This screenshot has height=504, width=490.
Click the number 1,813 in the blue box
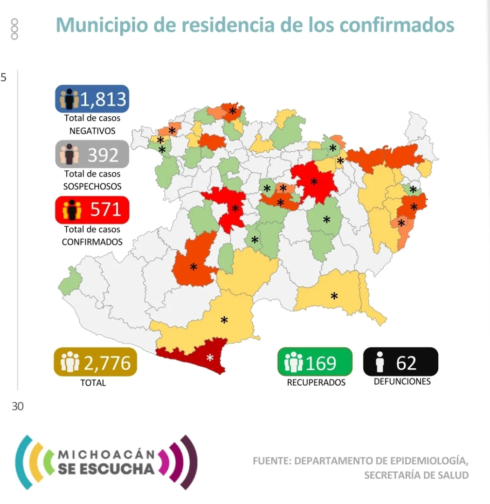click(103, 99)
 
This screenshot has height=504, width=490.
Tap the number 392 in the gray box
click(103, 154)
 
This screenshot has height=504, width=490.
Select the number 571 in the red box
click(105, 210)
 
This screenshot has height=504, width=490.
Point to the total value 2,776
click(107, 363)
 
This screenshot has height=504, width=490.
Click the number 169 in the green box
click(321, 363)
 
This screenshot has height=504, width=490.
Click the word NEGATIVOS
click(92, 131)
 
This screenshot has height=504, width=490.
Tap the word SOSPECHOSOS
click(92, 186)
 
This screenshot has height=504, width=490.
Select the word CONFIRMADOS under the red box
click(92, 242)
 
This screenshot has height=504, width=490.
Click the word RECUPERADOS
click(316, 382)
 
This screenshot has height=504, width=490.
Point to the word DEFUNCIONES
click(402, 381)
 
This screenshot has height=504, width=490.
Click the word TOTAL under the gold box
click(93, 383)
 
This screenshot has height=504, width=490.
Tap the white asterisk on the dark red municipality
click(210, 358)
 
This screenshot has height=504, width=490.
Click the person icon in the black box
click(380, 363)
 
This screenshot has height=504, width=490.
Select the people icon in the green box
click(293, 363)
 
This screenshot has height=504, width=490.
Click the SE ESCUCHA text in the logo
click(107, 469)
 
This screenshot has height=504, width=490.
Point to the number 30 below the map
click(17, 406)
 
